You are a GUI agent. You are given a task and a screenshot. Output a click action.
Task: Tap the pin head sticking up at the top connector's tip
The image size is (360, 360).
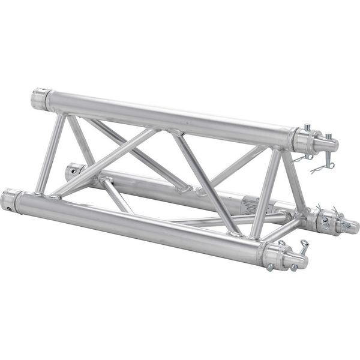pos(307,128)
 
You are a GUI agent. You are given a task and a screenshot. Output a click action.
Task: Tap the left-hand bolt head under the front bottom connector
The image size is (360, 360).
pos(271,266)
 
